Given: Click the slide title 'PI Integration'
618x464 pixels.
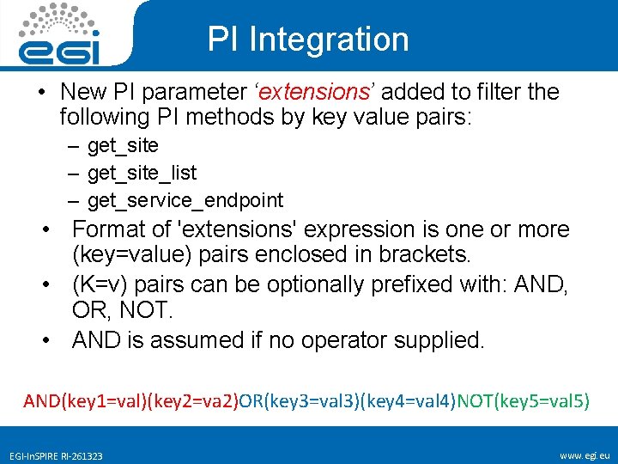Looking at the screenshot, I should (308, 40).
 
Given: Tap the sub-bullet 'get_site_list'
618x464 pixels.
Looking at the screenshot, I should (142, 173).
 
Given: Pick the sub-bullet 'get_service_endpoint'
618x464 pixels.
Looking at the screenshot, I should (185, 200).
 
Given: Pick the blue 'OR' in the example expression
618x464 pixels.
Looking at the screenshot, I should (251, 400).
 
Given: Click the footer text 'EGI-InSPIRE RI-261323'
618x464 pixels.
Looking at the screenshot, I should (56, 455).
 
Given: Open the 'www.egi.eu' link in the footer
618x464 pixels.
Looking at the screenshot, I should (584, 454).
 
